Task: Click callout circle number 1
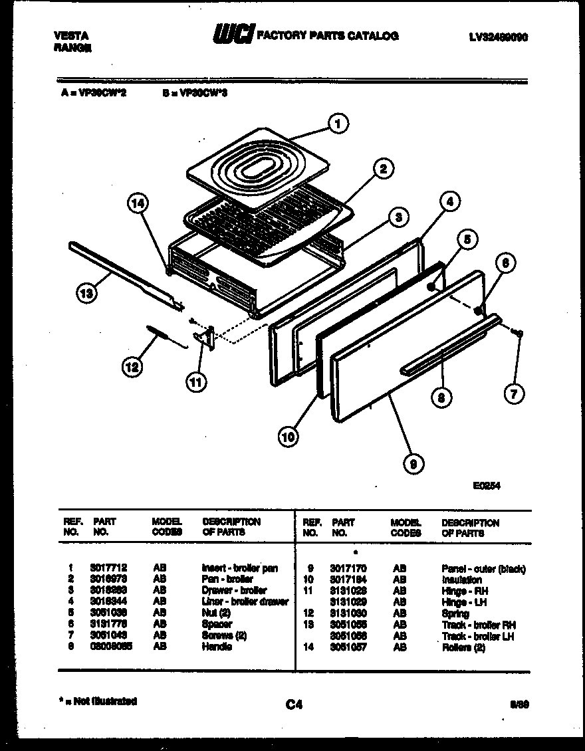point(338,123)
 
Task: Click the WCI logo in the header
point(233,35)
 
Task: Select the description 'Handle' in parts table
point(217,647)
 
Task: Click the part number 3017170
point(348,569)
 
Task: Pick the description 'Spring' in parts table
point(455,614)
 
